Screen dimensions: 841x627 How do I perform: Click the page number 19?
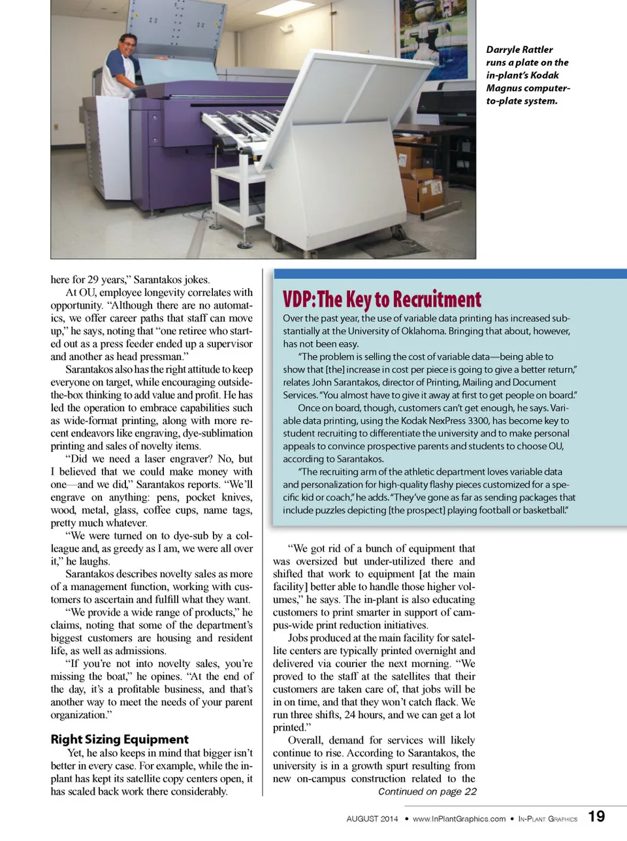point(596,816)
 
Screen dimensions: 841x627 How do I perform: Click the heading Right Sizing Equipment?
point(120,739)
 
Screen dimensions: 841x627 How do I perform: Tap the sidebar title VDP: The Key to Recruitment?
point(382,299)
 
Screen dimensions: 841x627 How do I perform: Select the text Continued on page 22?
point(427,791)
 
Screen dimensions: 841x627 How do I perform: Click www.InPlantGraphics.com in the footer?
point(459,819)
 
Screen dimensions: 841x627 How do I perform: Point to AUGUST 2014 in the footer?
point(372,819)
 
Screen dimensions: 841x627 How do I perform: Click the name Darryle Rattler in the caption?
point(519,50)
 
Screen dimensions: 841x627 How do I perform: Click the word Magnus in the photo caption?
point(504,88)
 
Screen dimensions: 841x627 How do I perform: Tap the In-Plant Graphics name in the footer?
point(547,819)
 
